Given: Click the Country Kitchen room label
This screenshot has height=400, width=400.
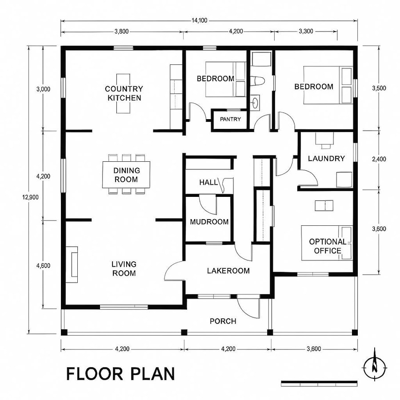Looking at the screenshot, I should coord(124,93).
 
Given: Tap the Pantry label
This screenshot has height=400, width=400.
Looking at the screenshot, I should coord(230,119).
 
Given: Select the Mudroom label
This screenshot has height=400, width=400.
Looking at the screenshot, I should coord(209,222).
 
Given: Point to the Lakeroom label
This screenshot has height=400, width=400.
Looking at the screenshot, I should coord(228,271).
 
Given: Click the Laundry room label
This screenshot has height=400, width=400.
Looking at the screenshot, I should coord(326,159).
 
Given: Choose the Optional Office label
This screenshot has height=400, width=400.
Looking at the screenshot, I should coord(328,246).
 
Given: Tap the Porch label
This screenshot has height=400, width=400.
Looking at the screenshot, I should coord(223,321).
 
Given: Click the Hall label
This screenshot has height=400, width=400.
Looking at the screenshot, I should coord(208,182).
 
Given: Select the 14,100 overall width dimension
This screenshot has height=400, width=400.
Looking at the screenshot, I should coord(198,20).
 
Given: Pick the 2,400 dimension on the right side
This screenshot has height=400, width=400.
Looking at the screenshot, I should coord(378,159).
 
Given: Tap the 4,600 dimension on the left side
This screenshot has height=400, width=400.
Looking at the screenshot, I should coord(43,266).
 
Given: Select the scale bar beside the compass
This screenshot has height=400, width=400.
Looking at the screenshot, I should coord(319,382).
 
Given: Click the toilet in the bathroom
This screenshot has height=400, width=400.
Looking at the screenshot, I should coord(258,81).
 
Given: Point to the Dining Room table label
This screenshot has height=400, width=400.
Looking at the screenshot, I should coord(126,175).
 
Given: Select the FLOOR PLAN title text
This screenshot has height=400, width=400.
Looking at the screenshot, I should coord(120,374).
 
